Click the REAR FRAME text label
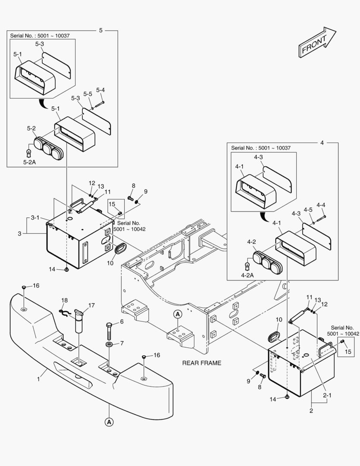click(x=201, y=363)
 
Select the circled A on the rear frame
click(x=177, y=314)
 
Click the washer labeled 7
click(x=109, y=344)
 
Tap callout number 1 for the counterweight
click(x=38, y=379)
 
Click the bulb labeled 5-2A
click(x=29, y=152)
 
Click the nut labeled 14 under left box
click(x=67, y=269)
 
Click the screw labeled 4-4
click(x=321, y=219)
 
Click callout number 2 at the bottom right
click(x=311, y=411)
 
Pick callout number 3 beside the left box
click(x=19, y=233)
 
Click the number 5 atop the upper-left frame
click(x=101, y=30)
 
